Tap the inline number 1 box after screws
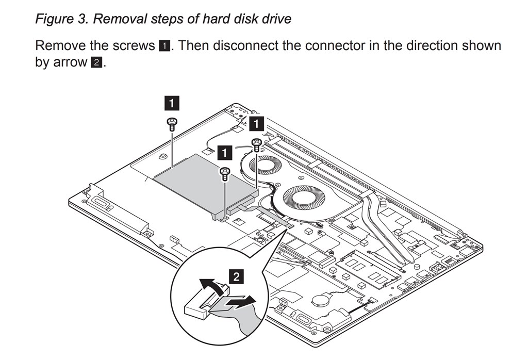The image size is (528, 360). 165,46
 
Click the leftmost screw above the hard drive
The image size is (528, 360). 171,122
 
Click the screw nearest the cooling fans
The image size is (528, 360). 256,143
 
